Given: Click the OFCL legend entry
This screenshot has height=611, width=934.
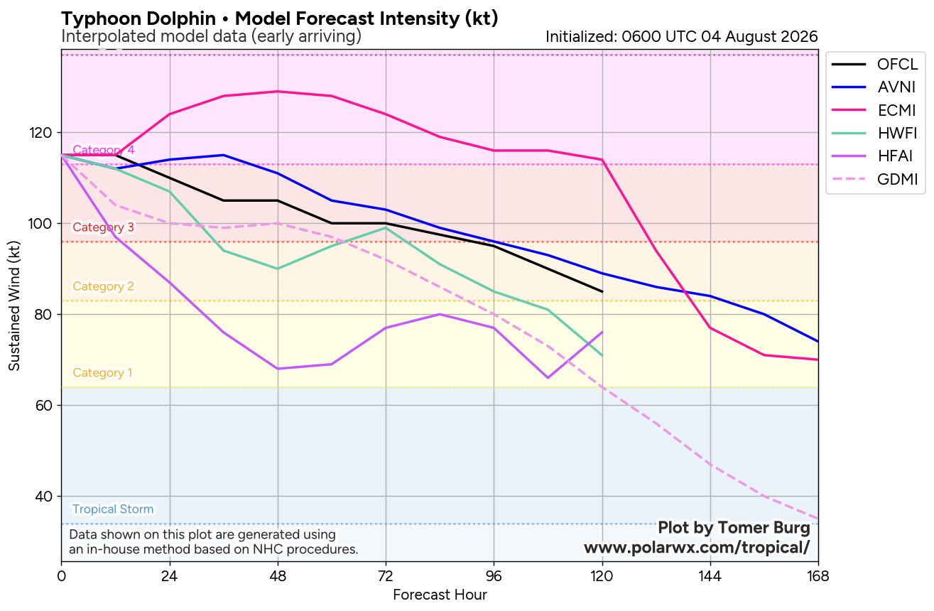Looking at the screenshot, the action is coord(875,64).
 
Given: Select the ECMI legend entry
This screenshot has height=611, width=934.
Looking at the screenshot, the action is coord(875,110).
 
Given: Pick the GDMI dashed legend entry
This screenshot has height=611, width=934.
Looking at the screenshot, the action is coord(875,179).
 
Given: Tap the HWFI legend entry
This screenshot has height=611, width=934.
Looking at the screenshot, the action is coord(875,133).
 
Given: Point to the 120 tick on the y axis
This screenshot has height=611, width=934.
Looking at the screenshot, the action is coord(40,133).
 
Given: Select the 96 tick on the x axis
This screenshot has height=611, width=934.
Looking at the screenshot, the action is coord(494,576).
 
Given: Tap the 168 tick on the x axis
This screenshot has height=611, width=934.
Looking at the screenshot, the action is coord(818,576).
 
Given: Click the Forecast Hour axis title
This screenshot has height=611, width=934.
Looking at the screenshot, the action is coord(440,595).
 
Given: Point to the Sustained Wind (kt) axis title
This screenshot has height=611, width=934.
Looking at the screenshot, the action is coord(14,305).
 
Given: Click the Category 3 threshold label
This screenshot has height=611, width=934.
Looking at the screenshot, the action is coord(104,227).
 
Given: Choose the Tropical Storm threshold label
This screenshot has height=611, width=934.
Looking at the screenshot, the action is coord(113,509).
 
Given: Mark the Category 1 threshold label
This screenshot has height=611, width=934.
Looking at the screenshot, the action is coord(102,372).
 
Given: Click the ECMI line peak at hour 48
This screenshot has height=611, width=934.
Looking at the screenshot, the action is coord(278,92).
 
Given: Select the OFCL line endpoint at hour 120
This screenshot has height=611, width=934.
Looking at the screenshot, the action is coord(602,291).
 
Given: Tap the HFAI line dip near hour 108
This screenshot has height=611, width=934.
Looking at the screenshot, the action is coord(548,378).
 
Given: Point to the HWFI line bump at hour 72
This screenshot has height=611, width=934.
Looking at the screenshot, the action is coord(386,228).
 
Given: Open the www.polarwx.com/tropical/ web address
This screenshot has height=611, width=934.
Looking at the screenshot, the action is coord(697,547).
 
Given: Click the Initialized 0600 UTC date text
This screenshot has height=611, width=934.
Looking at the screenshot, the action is coord(682,37).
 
